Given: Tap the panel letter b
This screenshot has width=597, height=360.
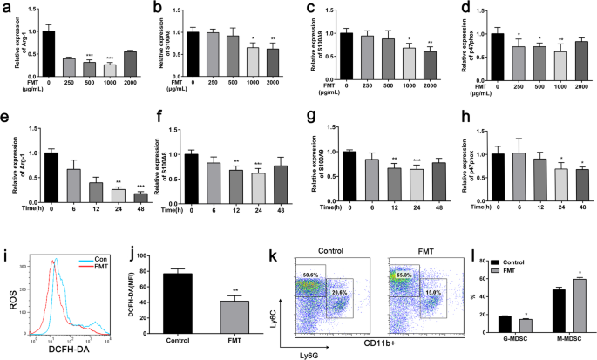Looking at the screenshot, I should click(x=156, y=8).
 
